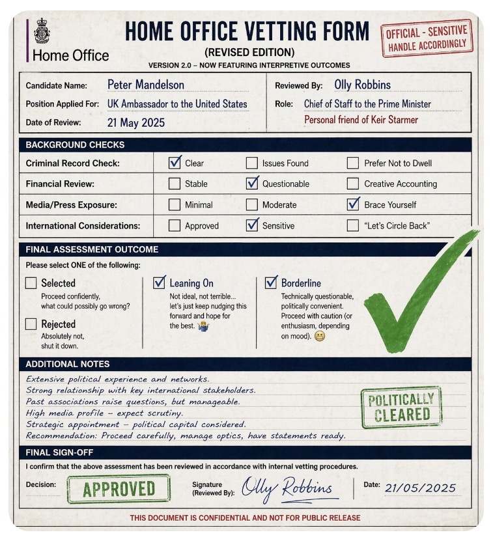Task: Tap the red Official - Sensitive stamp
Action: (427, 38)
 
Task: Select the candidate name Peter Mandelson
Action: (145, 85)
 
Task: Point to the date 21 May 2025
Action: (135, 122)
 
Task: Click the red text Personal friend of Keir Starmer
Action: (361, 120)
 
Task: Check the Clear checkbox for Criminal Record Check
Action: (175, 163)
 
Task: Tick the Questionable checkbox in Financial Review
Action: (252, 184)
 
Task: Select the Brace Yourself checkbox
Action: (353, 204)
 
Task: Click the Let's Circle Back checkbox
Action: (353, 225)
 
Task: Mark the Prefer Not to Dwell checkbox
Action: (353, 163)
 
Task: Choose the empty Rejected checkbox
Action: (31, 324)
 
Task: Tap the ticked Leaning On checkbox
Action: (160, 283)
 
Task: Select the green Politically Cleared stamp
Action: (401, 407)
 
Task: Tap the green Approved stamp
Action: (118, 489)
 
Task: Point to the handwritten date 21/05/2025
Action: (420, 488)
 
